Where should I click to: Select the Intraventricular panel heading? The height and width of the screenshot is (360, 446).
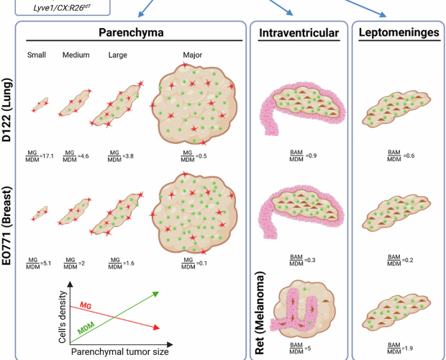298,32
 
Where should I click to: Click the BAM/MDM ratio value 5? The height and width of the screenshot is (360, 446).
305,348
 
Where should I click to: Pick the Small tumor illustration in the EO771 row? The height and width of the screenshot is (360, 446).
39,214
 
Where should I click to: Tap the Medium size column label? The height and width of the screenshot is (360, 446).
76,55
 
